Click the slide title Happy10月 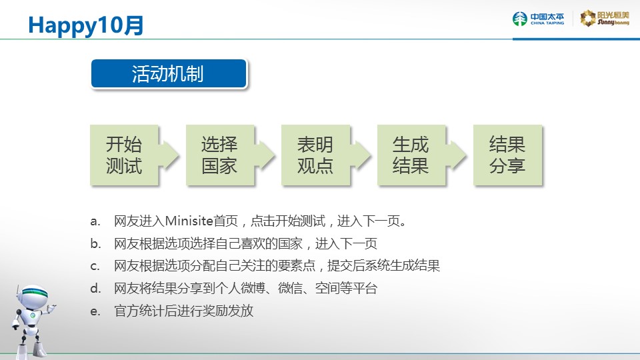pyautogui.click(x=86, y=25)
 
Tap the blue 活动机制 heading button pyautogui.click(x=169, y=73)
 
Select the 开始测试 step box pyautogui.click(x=124, y=155)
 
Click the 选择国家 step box pyautogui.click(x=219, y=155)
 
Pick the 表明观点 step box pyautogui.click(x=315, y=155)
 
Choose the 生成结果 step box pyautogui.click(x=411, y=155)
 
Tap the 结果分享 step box pyautogui.click(x=507, y=155)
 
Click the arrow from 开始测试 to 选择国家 pyautogui.click(x=169, y=155)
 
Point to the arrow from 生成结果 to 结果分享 pyautogui.click(x=456, y=155)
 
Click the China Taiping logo pyautogui.click(x=539, y=19)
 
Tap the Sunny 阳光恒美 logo pyautogui.click(x=605, y=19)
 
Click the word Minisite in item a pyautogui.click(x=189, y=221)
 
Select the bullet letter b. pyautogui.click(x=95, y=244)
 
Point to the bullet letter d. pyautogui.click(x=95, y=289)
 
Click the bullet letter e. pyautogui.click(x=95, y=311)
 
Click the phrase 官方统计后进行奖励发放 pyautogui.click(x=184, y=311)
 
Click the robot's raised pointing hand pyautogui.click(x=51, y=307)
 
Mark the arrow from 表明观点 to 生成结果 pyautogui.click(x=361, y=155)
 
